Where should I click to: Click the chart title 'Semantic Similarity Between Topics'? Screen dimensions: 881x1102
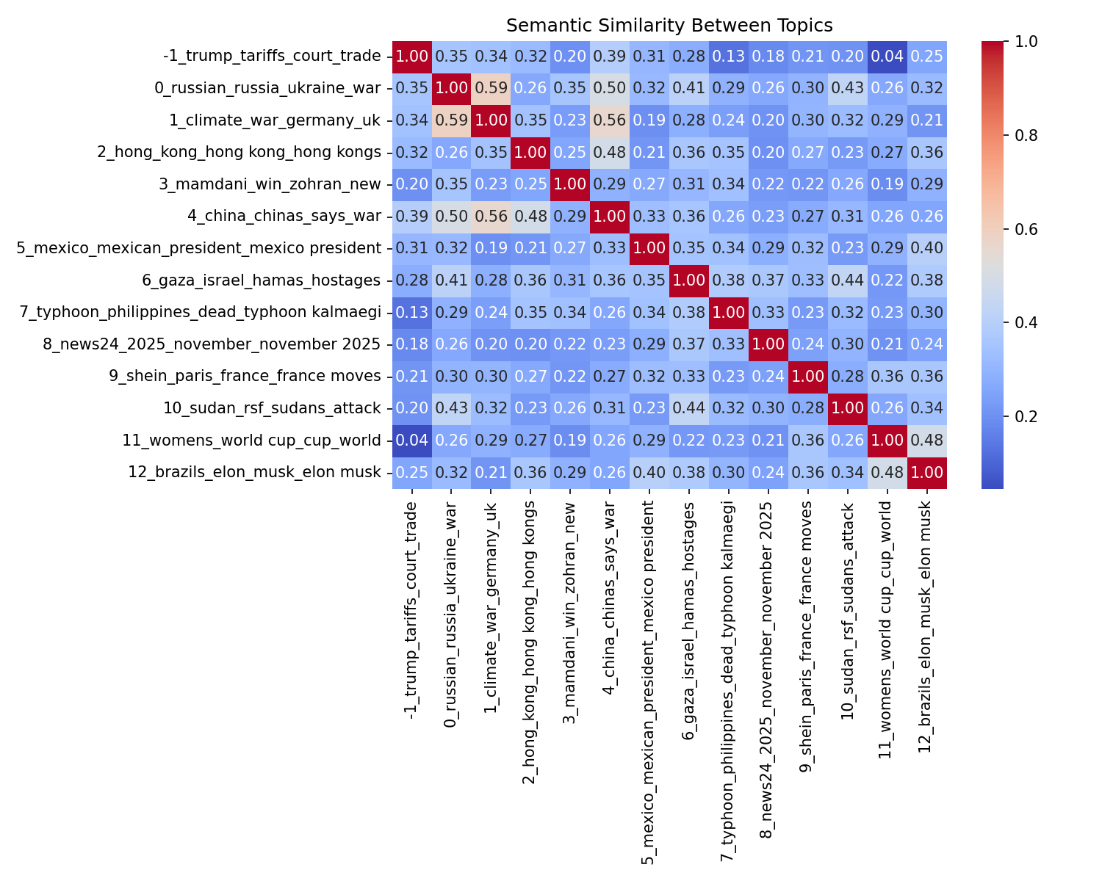click(x=669, y=26)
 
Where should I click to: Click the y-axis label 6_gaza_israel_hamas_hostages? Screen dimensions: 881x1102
click(x=262, y=280)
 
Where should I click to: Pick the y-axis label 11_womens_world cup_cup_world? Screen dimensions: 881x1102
click(x=252, y=440)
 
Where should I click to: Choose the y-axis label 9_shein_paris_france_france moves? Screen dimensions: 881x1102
click(x=245, y=377)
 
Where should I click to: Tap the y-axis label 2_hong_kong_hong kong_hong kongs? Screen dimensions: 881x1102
click(x=240, y=153)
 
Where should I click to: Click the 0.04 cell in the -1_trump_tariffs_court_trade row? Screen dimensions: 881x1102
click(x=887, y=57)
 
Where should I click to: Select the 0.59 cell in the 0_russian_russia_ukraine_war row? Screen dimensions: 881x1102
click(x=491, y=89)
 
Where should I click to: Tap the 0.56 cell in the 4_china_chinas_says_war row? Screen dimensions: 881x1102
click(x=491, y=217)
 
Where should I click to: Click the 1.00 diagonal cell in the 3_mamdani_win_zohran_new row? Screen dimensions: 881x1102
click(x=570, y=184)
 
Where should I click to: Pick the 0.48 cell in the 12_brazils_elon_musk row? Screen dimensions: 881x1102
click(x=887, y=472)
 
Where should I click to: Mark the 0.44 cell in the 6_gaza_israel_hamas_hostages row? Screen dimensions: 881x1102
click(x=847, y=280)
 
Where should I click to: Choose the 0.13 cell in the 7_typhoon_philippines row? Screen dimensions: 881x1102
click(x=412, y=312)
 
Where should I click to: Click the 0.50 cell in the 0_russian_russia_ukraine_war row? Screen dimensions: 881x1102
click(x=610, y=89)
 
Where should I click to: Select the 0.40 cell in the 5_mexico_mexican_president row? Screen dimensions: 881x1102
click(x=926, y=248)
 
